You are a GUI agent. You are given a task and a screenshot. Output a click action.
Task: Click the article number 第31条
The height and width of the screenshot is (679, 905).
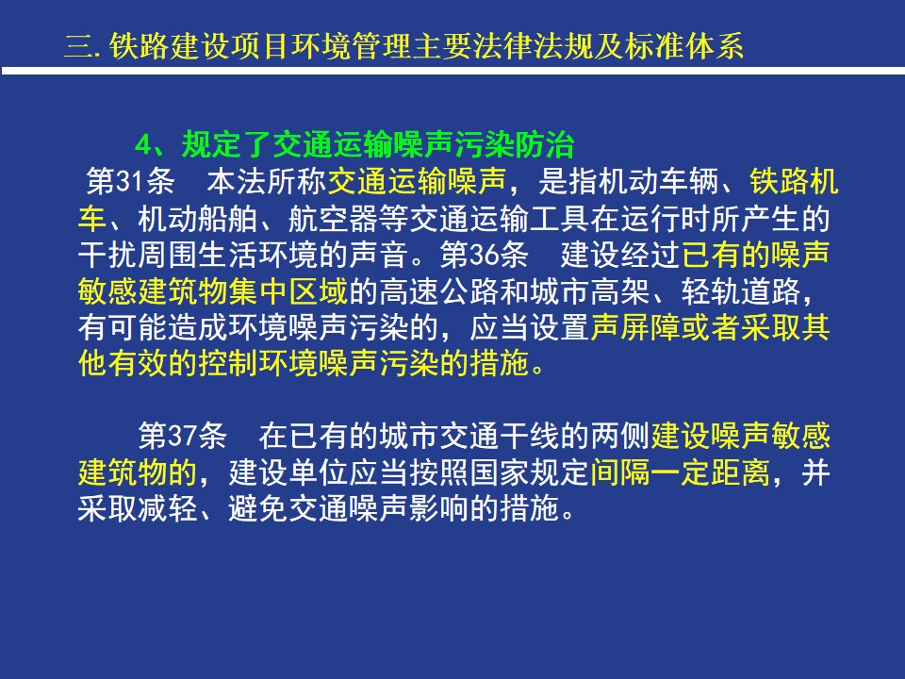(130, 181)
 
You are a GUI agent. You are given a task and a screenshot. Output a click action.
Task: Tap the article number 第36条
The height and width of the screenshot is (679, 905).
(485, 255)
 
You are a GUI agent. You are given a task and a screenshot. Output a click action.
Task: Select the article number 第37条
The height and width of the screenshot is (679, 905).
(182, 436)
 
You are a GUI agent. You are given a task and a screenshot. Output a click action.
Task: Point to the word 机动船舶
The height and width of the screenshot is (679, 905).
(197, 218)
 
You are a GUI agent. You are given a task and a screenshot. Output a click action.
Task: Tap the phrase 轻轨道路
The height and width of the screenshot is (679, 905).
(741, 291)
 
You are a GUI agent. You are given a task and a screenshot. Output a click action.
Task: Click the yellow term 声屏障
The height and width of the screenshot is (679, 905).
(635, 327)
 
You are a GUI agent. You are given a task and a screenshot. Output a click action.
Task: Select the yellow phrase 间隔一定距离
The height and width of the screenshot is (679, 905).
(681, 472)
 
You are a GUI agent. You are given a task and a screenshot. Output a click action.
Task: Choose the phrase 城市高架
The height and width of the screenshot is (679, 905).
(590, 291)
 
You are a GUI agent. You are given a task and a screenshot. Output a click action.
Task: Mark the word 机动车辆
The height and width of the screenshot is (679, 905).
(659, 181)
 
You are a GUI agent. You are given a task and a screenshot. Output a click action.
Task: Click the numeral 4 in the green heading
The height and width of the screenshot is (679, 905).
(142, 145)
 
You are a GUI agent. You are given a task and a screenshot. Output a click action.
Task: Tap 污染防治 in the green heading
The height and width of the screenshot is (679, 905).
(515, 144)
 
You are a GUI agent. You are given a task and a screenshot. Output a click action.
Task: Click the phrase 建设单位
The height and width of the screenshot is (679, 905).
(288, 472)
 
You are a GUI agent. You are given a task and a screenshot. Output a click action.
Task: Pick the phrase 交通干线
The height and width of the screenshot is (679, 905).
(500, 436)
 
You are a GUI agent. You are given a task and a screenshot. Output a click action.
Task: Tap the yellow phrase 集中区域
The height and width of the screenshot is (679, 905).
(288, 291)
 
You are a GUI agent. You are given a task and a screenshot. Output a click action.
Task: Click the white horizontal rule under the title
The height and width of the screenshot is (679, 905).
(453, 71)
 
